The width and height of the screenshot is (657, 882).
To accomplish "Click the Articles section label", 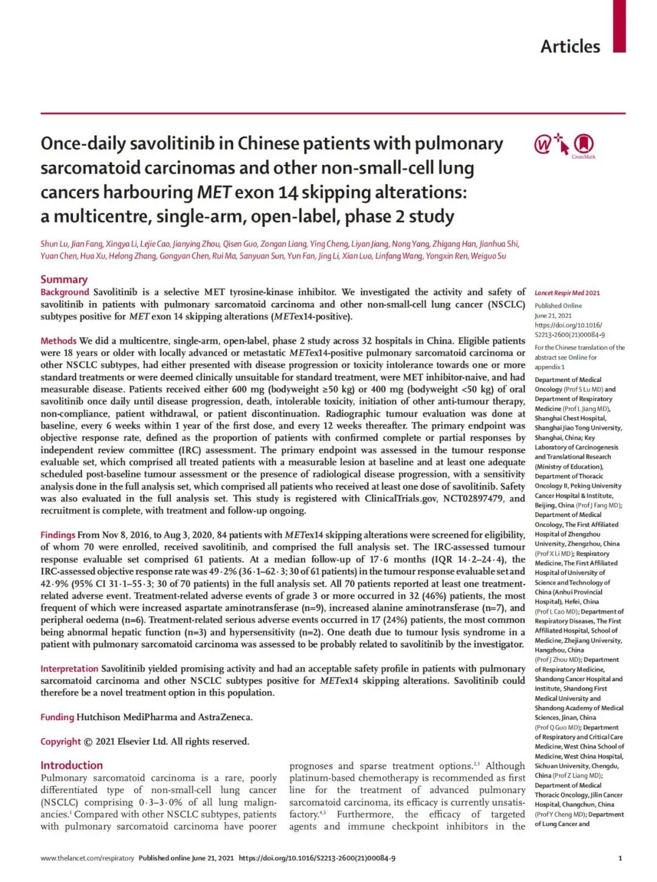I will pos(570,46).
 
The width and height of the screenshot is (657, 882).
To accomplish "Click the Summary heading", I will pos(64,279).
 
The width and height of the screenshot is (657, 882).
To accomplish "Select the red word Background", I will pos(64,292).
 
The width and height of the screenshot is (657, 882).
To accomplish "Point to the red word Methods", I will pos(58,341).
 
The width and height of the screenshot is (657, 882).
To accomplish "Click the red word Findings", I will pos(58,535).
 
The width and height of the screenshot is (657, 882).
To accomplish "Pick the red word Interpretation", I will pos(69,668).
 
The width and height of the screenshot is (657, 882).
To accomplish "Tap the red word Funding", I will pos(57,717).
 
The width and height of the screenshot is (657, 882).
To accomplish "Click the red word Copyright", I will pos(60,741).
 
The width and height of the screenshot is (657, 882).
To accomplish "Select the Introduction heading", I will pos(72,765).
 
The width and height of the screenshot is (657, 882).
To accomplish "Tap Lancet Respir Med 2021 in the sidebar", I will pos(567,293).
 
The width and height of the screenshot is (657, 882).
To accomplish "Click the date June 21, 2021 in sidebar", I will pos(553,315).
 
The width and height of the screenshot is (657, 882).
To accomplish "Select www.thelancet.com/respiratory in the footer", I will pos(87,858).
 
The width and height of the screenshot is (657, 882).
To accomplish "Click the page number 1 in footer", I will pos(620,858).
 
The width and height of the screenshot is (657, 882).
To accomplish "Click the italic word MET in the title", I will pos(214,192).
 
